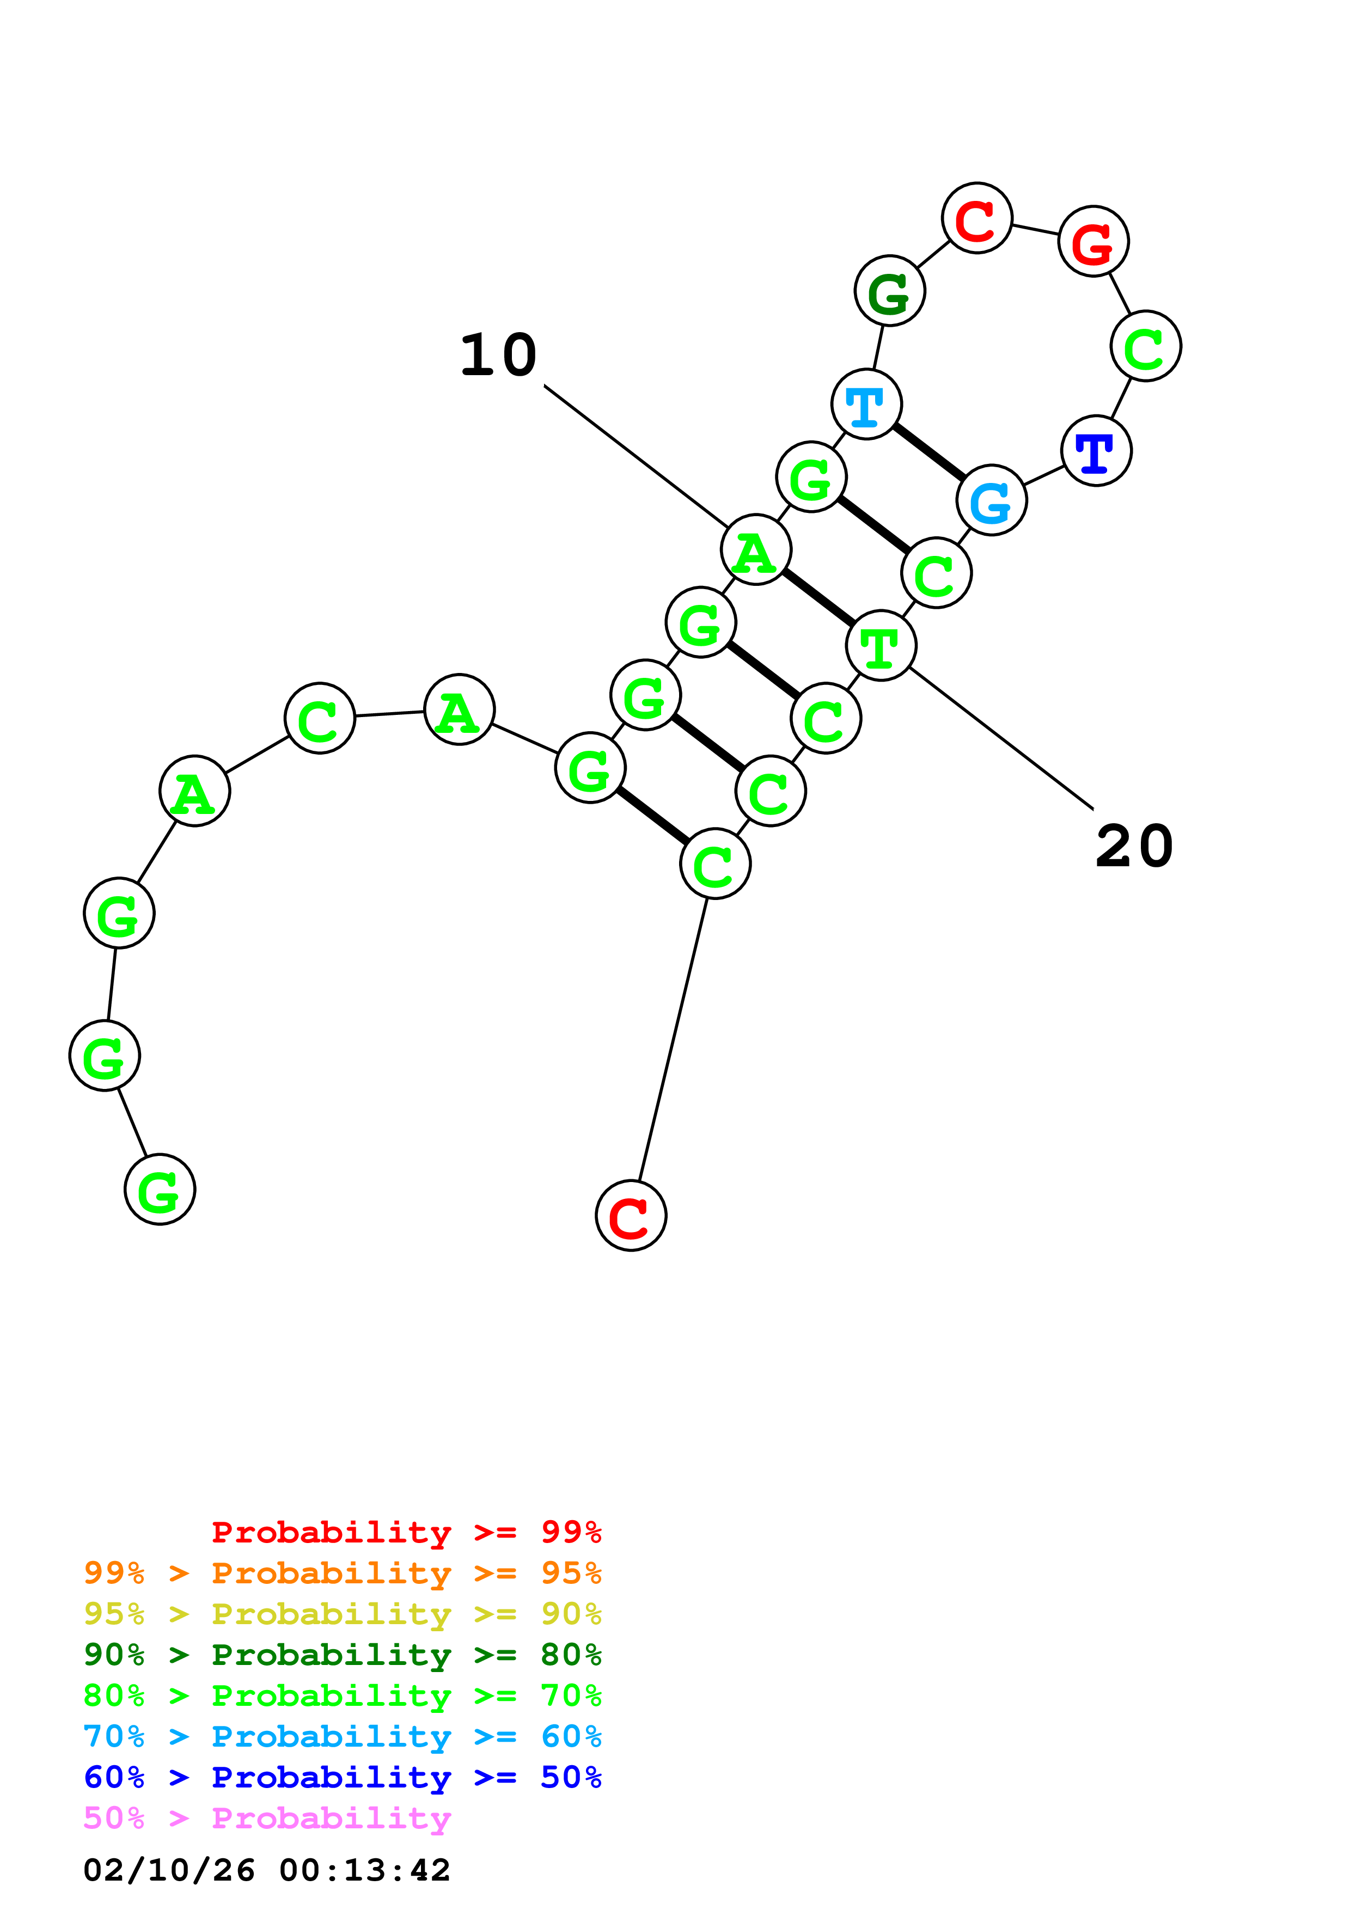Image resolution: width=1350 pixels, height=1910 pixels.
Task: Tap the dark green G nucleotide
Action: pyautogui.click(x=890, y=291)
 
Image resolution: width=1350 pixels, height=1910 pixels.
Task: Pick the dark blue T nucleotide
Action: pyautogui.click(x=1096, y=451)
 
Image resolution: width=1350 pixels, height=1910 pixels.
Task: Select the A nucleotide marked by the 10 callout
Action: pyautogui.click(x=756, y=550)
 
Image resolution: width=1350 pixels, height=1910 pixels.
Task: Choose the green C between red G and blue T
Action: pyautogui.click(x=1145, y=346)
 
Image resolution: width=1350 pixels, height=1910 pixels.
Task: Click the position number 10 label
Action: pyautogui.click(x=498, y=355)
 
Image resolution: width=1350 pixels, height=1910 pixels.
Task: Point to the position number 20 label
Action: pyautogui.click(x=1134, y=847)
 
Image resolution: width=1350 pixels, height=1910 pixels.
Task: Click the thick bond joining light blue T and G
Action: pyautogui.click(x=929, y=452)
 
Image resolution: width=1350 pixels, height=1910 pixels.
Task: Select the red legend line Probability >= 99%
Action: pyautogui.click(x=406, y=1532)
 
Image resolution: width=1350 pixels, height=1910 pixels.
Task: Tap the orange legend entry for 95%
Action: pyautogui.click(x=342, y=1573)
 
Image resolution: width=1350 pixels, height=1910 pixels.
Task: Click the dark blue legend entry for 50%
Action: pyautogui.click(x=342, y=1777)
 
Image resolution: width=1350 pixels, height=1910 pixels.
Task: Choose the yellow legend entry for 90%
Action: pyautogui.click(x=342, y=1614)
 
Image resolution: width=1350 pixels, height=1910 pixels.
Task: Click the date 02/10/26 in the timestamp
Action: pyautogui.click(x=169, y=1870)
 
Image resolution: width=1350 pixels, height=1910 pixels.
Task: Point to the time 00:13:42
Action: pyautogui.click(x=364, y=1870)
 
